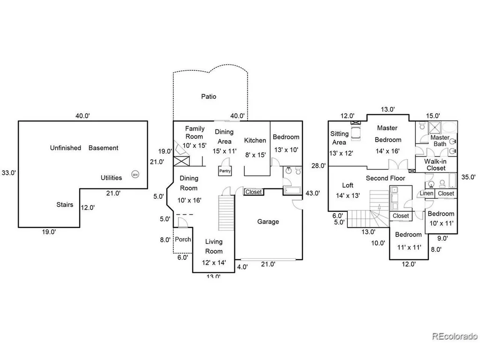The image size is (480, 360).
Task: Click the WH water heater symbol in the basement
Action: click(x=135, y=174)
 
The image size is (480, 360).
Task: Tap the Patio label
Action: click(x=209, y=97)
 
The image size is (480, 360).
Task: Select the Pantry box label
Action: click(x=225, y=171)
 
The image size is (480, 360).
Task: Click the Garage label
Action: click(x=268, y=222)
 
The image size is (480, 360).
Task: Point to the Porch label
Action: click(x=183, y=240)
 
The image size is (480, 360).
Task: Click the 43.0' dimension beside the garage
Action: click(x=313, y=193)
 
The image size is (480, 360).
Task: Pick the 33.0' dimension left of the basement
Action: click(x=8, y=172)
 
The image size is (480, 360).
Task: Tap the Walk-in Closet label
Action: click(x=435, y=165)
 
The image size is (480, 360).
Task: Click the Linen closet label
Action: click(x=427, y=194)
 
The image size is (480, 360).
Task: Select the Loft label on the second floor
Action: click(x=348, y=185)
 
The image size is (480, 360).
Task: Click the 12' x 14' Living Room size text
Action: click(x=214, y=262)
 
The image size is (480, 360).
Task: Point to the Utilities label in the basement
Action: click(x=112, y=178)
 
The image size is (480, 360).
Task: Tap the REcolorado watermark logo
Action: click(x=455, y=336)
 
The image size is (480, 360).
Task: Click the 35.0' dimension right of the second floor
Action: click(x=469, y=177)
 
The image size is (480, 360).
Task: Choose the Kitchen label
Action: click(x=255, y=141)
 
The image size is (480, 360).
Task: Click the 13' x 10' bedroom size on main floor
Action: click(x=286, y=150)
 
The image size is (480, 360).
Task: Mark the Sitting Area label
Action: click(x=339, y=138)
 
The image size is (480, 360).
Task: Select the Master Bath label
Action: click(x=440, y=141)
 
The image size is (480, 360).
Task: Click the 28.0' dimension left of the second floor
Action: click(x=319, y=166)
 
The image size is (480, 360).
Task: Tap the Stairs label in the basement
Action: click(x=65, y=204)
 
